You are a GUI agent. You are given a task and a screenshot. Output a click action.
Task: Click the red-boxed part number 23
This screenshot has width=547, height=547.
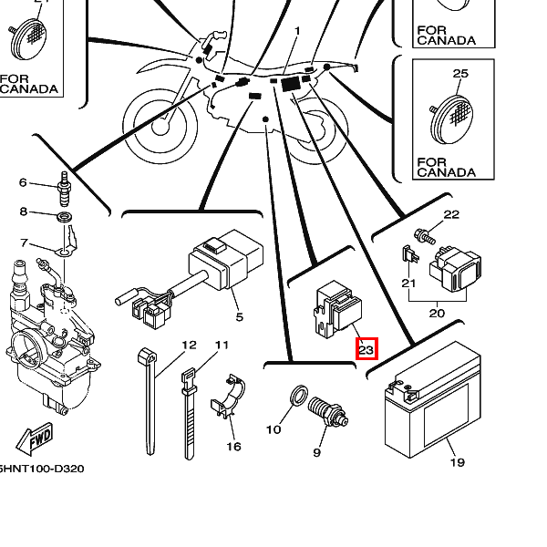pyautogui.click(x=366, y=348)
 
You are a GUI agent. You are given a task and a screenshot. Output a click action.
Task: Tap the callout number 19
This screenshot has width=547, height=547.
pyautogui.click(x=457, y=462)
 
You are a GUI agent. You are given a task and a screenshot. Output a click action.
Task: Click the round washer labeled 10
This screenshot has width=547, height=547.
pyautogui.click(x=297, y=397)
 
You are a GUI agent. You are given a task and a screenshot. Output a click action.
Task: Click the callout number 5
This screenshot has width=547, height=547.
pyautogui.click(x=240, y=317)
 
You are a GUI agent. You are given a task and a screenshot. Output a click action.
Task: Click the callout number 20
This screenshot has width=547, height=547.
pyautogui.click(x=437, y=313)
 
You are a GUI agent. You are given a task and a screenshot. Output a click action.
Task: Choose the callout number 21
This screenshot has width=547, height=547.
pyautogui.click(x=408, y=284)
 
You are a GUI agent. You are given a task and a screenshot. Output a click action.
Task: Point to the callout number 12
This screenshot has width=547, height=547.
pyautogui.click(x=189, y=345)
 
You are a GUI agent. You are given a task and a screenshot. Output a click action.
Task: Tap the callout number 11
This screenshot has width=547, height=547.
pyautogui.click(x=221, y=345)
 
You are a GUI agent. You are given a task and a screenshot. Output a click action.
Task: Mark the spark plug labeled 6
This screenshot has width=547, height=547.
pyautogui.click(x=65, y=187)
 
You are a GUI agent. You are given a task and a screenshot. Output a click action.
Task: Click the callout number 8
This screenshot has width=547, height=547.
pyautogui.click(x=24, y=212)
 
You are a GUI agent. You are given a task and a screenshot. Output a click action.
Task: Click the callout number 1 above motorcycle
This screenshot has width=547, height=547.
pyautogui.click(x=296, y=31)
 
